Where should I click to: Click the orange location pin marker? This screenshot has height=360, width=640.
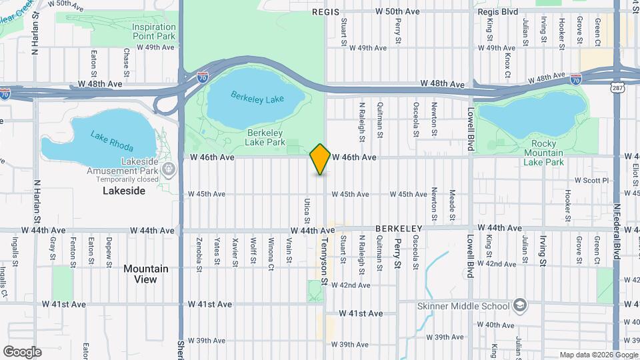pyautogui.click(x=320, y=159)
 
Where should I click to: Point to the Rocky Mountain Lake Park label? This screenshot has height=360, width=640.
pyautogui.click(x=543, y=153)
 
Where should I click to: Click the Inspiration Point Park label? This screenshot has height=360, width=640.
pyautogui.click(x=154, y=30)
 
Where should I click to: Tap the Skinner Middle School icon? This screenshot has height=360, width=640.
pyautogui.click(x=520, y=306)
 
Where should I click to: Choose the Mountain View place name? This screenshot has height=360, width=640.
pyautogui.click(x=145, y=274)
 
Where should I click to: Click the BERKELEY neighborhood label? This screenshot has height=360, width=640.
pyautogui.click(x=399, y=228)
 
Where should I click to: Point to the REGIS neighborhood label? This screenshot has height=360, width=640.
pyautogui.click(x=325, y=12)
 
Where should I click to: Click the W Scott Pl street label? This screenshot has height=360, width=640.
pyautogui.click(x=592, y=180)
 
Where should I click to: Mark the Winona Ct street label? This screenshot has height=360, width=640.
pyautogui.click(x=271, y=250)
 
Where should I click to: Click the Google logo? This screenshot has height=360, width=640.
pyautogui.click(x=22, y=351)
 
